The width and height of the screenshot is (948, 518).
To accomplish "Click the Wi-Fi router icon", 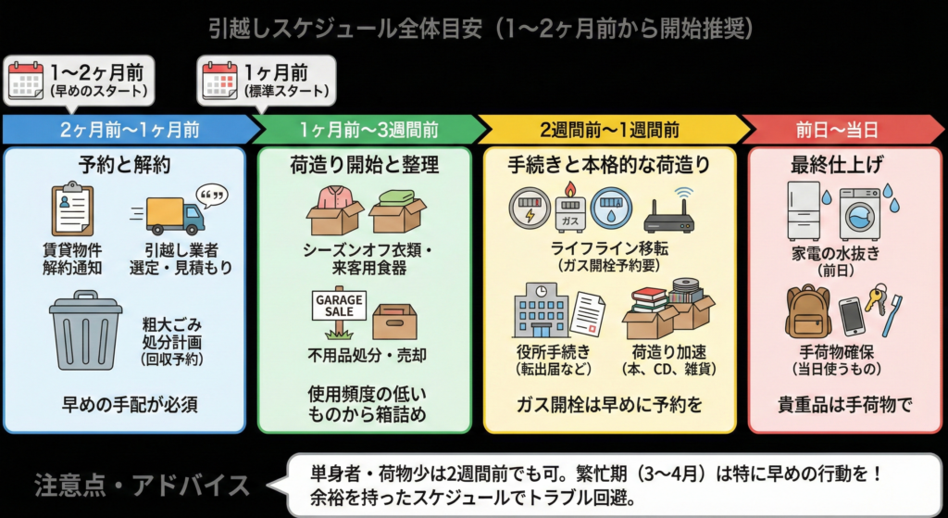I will [668, 215].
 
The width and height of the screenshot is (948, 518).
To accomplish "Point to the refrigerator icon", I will [803, 210].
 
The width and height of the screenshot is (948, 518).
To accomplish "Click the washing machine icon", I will [859, 213].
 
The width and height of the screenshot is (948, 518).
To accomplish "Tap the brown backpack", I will [807, 311].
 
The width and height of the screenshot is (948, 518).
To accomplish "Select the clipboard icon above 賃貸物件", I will [72, 208].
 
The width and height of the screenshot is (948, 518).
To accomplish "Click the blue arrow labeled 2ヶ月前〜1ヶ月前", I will [124, 130].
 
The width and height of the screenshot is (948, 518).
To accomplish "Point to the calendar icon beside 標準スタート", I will [220, 80].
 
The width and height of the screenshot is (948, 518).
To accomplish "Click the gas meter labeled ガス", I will [566, 208].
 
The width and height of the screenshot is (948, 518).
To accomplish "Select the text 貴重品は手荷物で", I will [844, 405].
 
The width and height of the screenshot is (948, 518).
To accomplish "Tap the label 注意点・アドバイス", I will [142, 485].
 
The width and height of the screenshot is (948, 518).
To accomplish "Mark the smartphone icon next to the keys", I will [852, 315].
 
